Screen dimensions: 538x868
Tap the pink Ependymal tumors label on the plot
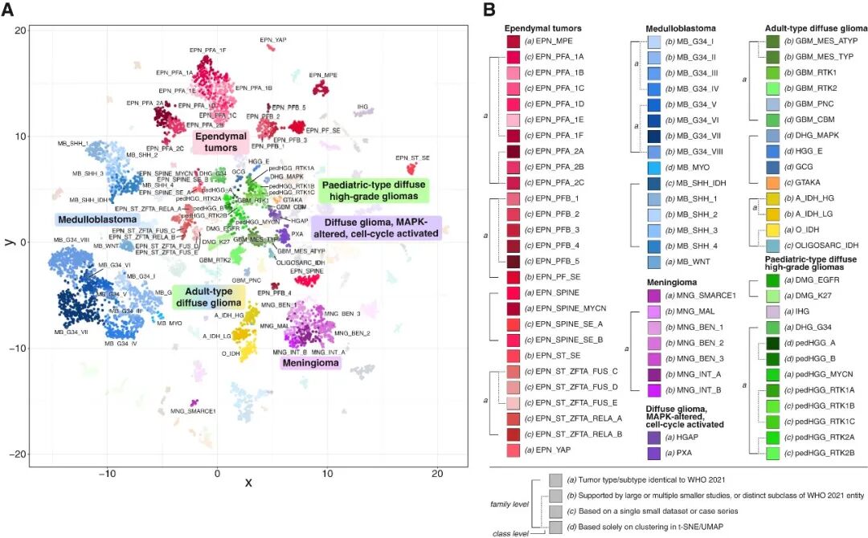point(219,142)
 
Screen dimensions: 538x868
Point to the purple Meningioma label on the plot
point(309,364)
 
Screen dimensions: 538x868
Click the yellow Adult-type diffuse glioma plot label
point(209,297)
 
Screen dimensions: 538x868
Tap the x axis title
point(248,483)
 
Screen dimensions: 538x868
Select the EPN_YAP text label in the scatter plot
point(273,39)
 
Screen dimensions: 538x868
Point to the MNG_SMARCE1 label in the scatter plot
point(194,411)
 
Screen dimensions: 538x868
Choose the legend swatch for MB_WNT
point(654,262)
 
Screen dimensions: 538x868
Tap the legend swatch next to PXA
point(654,453)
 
